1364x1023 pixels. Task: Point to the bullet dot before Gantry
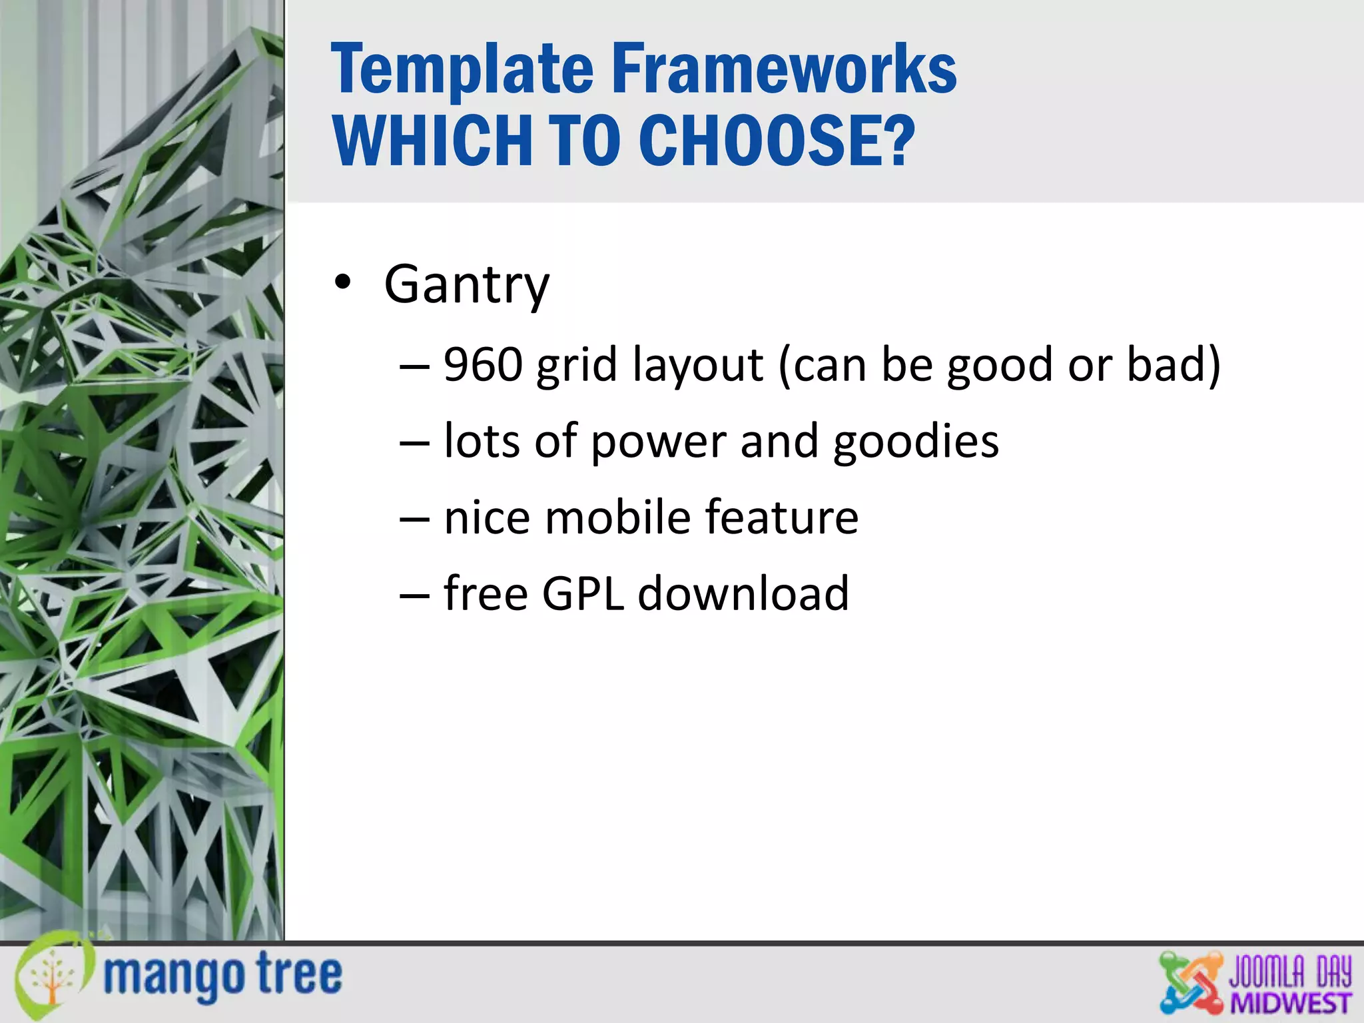click(x=342, y=283)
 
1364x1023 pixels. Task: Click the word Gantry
click(x=466, y=285)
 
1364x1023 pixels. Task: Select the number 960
click(x=483, y=365)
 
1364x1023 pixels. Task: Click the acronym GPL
click(x=583, y=593)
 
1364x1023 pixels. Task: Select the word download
click(x=743, y=593)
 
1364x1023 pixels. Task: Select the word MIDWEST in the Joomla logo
click(x=1290, y=1003)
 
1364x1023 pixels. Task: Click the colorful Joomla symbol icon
click(x=1191, y=983)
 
